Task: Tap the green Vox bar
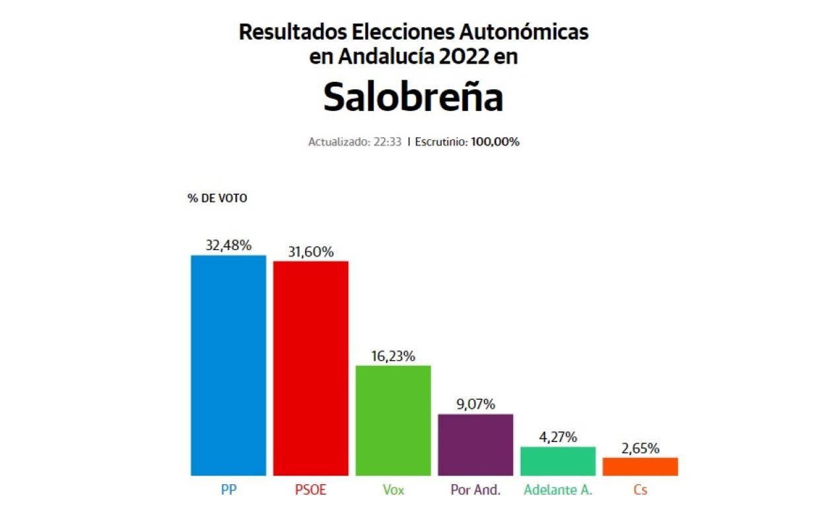[x=393, y=420]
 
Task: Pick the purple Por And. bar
[x=475, y=445]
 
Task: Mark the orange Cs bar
[x=640, y=466]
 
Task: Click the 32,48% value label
[x=228, y=245]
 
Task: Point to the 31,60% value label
[x=310, y=251]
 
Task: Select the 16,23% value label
[x=393, y=356]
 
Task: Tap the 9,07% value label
[x=475, y=404]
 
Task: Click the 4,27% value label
[x=558, y=437]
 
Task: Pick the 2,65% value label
[x=640, y=449]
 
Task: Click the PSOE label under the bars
[x=310, y=490]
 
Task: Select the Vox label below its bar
[x=393, y=490]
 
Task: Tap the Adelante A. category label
[x=558, y=490]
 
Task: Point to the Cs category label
[x=640, y=490]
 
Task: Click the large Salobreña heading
[x=413, y=97]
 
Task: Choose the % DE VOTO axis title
[x=217, y=198]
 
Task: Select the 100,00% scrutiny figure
[x=495, y=142]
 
